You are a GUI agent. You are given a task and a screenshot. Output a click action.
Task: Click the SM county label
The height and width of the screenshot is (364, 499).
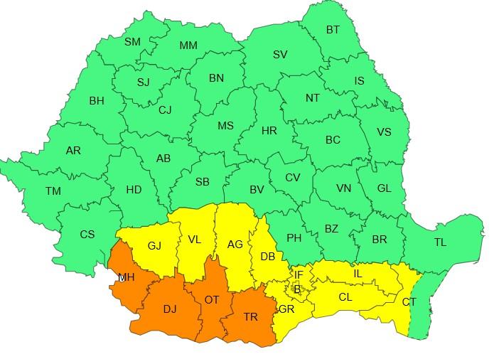pyautogui.click(x=133, y=42)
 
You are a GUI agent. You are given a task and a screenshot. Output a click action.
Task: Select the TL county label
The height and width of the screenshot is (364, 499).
pyautogui.click(x=440, y=242)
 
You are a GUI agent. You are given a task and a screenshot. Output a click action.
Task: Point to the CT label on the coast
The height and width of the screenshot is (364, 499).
pyautogui.click(x=409, y=302)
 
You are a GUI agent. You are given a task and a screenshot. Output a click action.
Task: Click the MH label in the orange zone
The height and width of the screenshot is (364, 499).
pyautogui.click(x=126, y=277)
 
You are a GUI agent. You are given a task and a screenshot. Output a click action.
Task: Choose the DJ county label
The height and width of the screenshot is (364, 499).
pyautogui.click(x=171, y=309)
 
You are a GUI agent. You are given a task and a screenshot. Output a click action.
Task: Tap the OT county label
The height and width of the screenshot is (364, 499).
pyautogui.click(x=212, y=300)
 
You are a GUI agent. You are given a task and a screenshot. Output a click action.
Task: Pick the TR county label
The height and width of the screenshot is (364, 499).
pyautogui.click(x=250, y=317)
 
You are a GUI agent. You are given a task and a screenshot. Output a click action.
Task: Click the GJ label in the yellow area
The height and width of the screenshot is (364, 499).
pyautogui.click(x=155, y=246)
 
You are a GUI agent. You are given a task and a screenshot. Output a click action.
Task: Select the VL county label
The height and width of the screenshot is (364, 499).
pyautogui.click(x=195, y=240)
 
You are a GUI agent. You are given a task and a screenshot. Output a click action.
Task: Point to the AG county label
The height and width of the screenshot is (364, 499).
pyautogui.click(x=235, y=245)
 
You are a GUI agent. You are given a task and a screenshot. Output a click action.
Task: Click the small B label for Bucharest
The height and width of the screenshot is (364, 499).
pyautogui.click(x=298, y=288)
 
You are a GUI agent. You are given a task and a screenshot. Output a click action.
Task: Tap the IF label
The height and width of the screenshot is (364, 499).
pyautogui.click(x=299, y=274)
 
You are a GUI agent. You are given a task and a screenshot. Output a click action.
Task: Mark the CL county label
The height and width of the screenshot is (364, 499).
pyautogui.click(x=345, y=297)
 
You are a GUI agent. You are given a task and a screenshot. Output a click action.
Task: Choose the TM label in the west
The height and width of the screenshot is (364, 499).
pyautogui.click(x=53, y=191)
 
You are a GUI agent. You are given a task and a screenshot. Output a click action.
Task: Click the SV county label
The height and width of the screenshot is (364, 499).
pyautogui.click(x=280, y=55)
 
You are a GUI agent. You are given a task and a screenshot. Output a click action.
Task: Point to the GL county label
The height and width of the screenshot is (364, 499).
pyautogui.click(x=384, y=188)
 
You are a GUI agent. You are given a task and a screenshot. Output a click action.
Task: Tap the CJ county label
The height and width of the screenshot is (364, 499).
pyautogui.click(x=165, y=110)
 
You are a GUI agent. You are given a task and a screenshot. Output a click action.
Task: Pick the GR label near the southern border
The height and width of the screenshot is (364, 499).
pyautogui.click(x=286, y=309)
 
